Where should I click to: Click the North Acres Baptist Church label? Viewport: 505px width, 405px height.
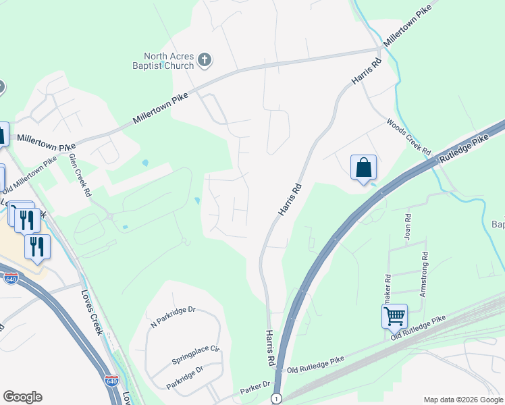(169, 61)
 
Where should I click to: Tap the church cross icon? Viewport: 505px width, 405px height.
(205, 61)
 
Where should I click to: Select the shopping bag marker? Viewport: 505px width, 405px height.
(363, 167)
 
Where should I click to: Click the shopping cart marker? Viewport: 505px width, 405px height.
(394, 315)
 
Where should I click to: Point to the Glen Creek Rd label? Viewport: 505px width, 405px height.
(79, 174)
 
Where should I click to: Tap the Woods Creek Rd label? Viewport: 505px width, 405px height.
(408, 138)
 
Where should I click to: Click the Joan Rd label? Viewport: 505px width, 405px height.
(408, 230)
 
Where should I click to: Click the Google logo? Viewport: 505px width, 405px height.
(22, 397)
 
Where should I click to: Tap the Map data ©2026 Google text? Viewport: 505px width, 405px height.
(463, 400)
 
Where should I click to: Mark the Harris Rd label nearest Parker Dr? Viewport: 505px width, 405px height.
(270, 348)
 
